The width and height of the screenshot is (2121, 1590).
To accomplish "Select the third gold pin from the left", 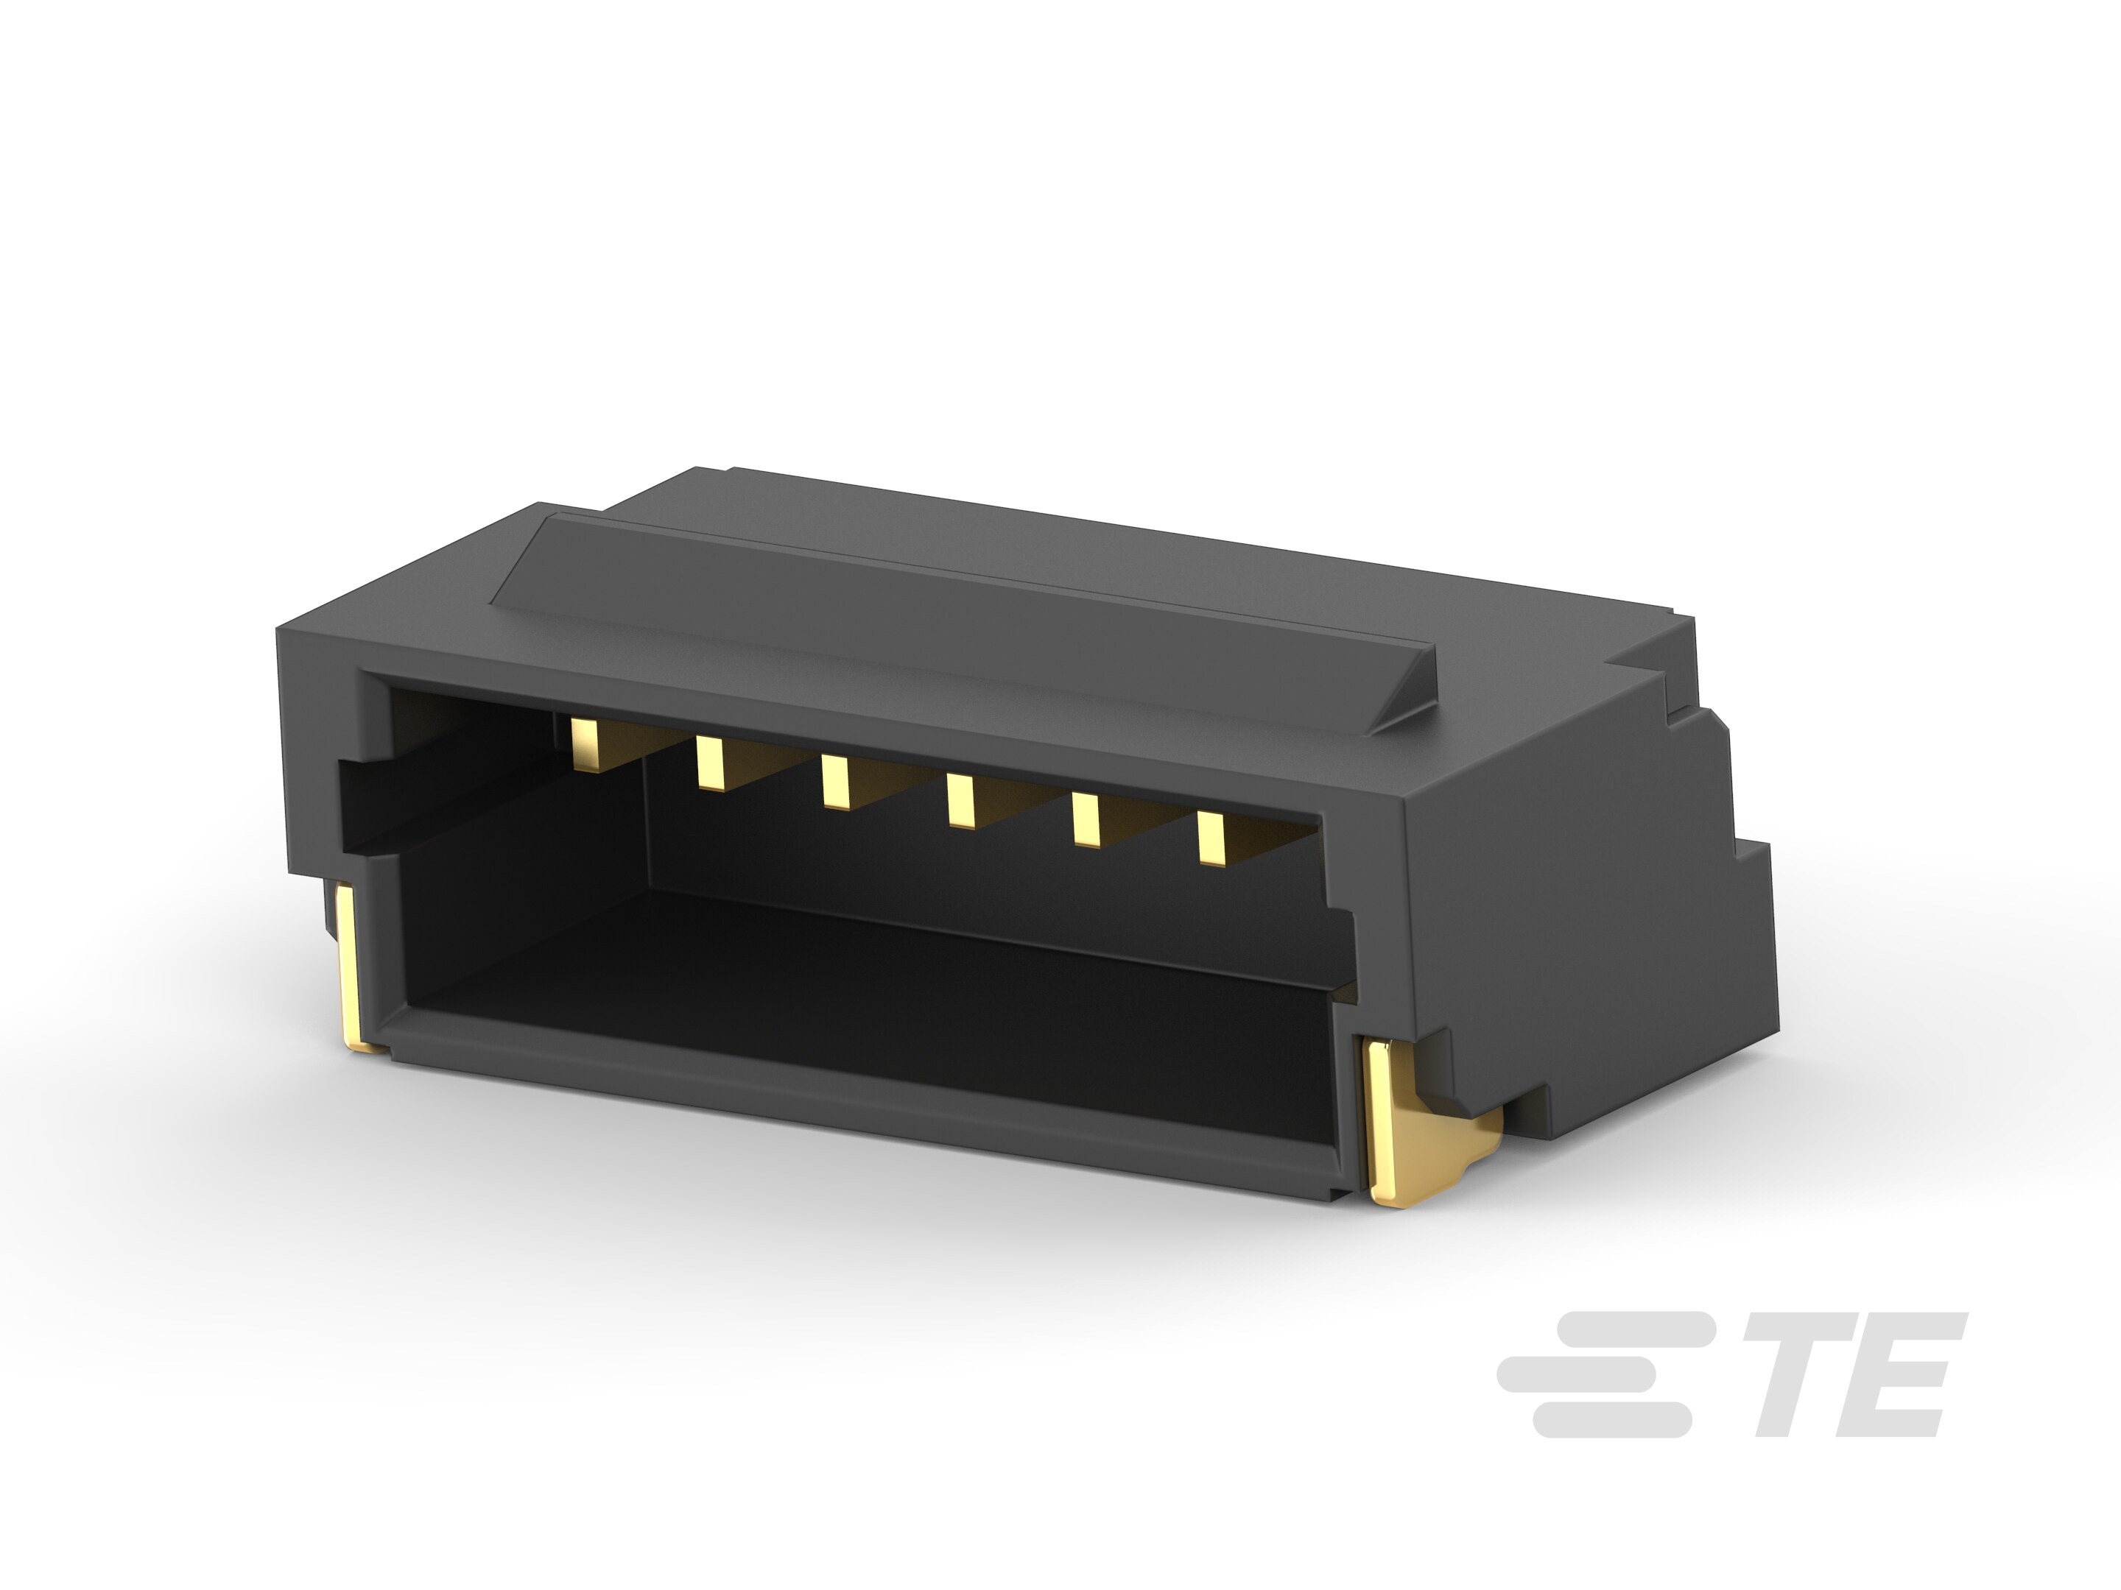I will coord(834,782).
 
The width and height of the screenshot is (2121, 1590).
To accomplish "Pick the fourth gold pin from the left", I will coord(960,799).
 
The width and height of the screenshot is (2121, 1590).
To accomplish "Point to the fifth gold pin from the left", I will coord(1086,821).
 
